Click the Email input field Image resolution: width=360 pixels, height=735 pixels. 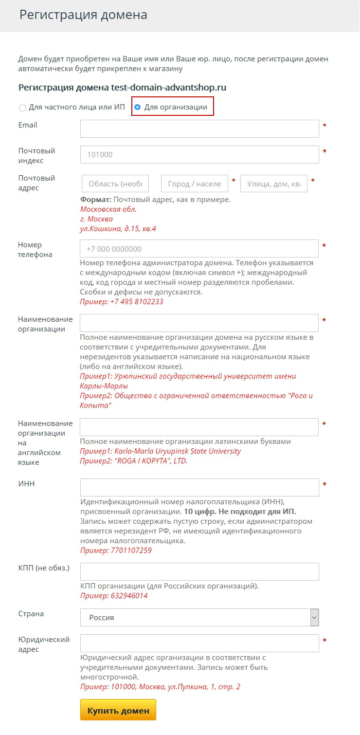[x=199, y=129]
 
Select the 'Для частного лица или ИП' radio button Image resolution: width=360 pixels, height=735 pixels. [x=22, y=108]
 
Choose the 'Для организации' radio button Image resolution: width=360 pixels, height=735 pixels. [x=138, y=107]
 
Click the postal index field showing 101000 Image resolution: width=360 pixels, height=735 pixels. [x=199, y=155]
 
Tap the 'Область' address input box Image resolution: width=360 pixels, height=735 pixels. [x=115, y=184]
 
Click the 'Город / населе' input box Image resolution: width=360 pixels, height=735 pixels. [x=195, y=184]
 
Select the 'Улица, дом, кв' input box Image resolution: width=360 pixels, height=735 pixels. [x=274, y=184]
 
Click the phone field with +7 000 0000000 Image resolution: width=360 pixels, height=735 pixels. [x=199, y=249]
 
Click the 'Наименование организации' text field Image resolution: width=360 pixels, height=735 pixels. [x=199, y=323]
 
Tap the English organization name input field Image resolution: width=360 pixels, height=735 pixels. [x=199, y=427]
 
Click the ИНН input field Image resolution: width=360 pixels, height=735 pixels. [x=199, y=487]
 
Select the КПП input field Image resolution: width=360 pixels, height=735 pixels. [x=199, y=572]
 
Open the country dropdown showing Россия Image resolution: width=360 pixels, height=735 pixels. [x=199, y=617]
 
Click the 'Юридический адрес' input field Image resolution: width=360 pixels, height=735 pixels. [x=199, y=643]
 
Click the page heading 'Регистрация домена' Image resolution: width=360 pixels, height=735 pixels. [x=83, y=15]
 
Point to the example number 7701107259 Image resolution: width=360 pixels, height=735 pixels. [x=131, y=551]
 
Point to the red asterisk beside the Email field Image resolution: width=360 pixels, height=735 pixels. [x=324, y=126]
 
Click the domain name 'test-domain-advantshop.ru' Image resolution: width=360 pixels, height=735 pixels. [x=168, y=88]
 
